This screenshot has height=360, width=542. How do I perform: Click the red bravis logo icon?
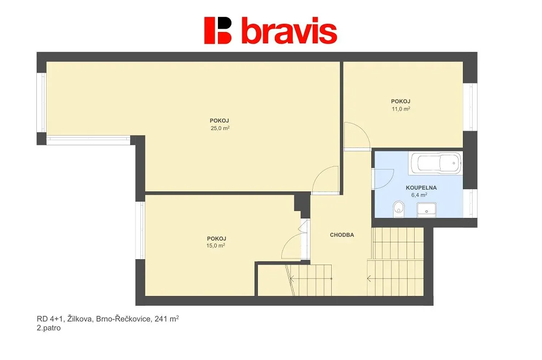click(217, 30)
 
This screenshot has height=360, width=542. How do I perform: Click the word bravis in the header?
click(289, 30)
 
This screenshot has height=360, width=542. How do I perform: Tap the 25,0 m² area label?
click(220, 128)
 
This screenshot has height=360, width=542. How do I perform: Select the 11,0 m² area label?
click(401, 109)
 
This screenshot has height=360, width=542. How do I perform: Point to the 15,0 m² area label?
click(216, 246)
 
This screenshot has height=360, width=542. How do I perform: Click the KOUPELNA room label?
click(421, 188)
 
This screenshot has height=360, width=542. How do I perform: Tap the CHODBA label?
click(342, 235)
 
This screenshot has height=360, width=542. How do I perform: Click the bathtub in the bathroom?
click(436, 163)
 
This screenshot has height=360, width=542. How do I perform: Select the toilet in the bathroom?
click(398, 210)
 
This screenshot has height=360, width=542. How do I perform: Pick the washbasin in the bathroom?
click(427, 210)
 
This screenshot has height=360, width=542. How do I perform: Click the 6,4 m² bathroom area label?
click(419, 195)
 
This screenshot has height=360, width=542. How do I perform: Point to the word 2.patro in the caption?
click(49, 328)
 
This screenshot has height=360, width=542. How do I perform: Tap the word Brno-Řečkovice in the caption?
click(124, 318)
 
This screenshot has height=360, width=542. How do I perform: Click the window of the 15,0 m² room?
click(140, 230)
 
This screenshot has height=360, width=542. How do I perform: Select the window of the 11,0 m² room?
click(470, 107)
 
